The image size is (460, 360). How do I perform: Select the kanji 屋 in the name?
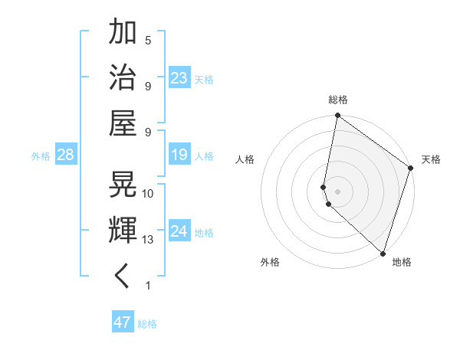[123, 123]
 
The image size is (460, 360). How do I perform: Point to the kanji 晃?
[123, 184]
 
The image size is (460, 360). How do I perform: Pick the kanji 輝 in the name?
[123, 230]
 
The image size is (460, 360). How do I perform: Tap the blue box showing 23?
[179, 77]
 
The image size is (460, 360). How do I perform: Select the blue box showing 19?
[179, 155]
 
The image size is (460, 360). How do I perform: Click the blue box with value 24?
[179, 231]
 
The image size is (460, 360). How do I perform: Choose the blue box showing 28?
[65, 155]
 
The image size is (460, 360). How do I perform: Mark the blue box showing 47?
[123, 322]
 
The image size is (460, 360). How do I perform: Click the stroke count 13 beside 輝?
[148, 240]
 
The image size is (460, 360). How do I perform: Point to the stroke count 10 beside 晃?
[148, 193]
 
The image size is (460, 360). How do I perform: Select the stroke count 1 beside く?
[148, 286]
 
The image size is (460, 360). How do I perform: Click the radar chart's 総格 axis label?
[338, 100]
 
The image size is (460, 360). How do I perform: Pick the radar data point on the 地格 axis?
[383, 254]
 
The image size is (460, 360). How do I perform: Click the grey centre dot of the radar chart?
[338, 191]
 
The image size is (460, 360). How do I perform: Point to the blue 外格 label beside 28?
[41, 156]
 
